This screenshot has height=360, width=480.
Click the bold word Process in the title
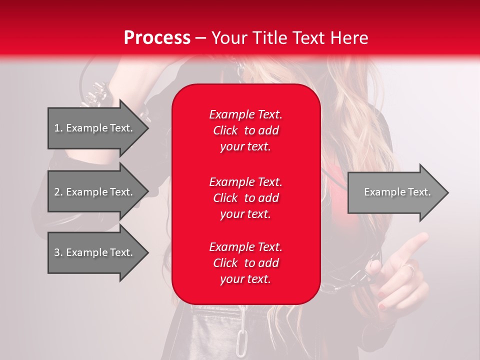click(x=157, y=38)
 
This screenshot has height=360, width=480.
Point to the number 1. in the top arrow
click(x=58, y=128)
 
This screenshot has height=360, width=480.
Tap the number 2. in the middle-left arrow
click(x=58, y=192)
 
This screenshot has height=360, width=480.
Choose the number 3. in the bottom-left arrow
click(x=58, y=252)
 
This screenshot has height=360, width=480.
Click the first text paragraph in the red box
click(x=245, y=130)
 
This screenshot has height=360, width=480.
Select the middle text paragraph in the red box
click(x=245, y=198)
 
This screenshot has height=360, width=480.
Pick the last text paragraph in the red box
click(x=245, y=263)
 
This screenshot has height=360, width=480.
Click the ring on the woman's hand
click(x=408, y=269)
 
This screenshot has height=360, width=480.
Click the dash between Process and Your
click(x=200, y=38)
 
